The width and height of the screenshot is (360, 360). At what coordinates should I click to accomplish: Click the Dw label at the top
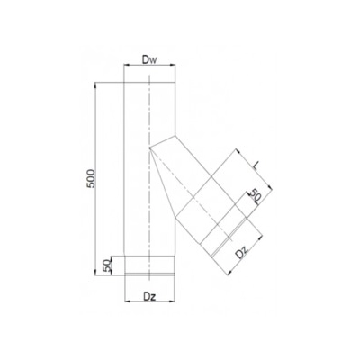point(150,62)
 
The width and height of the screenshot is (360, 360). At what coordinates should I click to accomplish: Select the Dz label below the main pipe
point(150,295)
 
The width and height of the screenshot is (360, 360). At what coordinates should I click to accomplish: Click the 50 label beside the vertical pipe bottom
point(108,265)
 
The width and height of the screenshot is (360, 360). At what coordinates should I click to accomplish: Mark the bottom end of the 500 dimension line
point(96,273)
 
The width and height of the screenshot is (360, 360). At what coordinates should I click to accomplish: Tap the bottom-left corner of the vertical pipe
point(123,273)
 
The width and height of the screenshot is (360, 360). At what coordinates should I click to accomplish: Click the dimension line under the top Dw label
point(150,72)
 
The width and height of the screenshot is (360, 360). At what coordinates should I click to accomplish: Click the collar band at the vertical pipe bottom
point(150,265)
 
